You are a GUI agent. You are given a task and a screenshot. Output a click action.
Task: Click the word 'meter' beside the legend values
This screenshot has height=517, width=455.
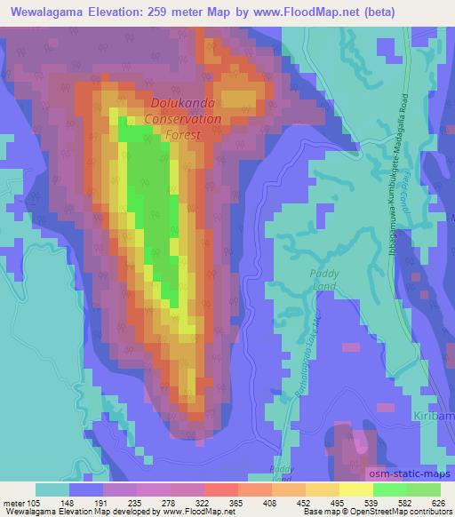[x=12, y=502]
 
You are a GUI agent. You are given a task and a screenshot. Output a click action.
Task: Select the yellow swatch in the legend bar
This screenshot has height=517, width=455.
[x=356, y=489]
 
